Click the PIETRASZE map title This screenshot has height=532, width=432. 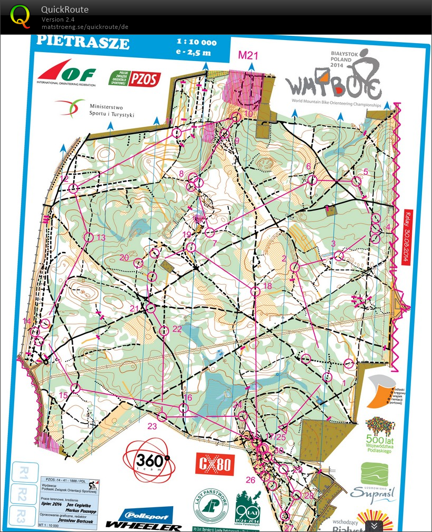tap(83, 42)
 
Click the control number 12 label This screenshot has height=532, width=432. tap(65, 179)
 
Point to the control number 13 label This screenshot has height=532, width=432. tap(101, 238)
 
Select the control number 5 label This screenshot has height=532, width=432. tap(366, 172)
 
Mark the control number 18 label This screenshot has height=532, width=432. tap(267, 286)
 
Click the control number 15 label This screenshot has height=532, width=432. tap(63, 395)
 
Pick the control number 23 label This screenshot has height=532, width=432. tap(153, 426)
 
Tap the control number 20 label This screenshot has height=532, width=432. tap(124, 257)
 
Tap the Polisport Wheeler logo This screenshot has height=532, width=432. tap(144, 519)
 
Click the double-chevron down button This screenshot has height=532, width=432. tap(373, 525)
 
